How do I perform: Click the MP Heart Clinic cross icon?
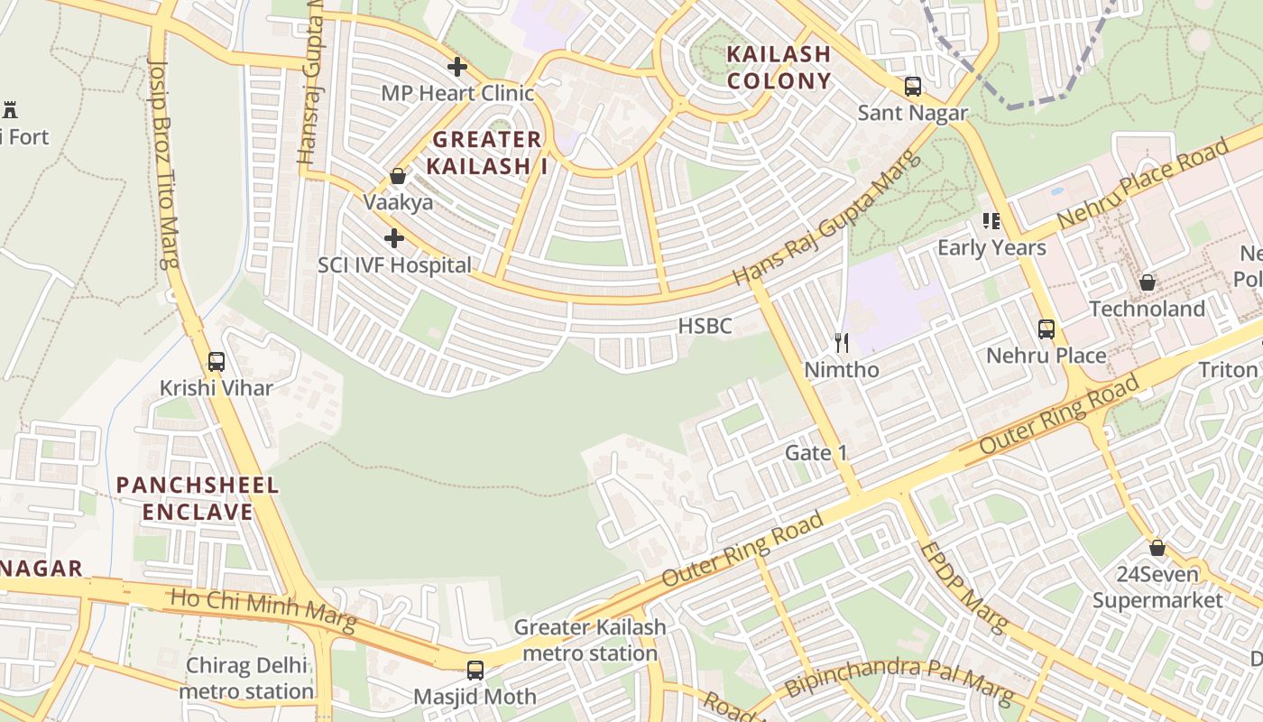[x=457, y=67]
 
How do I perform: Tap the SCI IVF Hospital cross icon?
[x=394, y=238]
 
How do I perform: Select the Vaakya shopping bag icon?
[x=398, y=176]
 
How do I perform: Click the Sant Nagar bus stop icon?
[x=913, y=87]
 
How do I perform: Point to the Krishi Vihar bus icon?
[x=217, y=362]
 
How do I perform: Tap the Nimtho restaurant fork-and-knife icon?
[x=842, y=343]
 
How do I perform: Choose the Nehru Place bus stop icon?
[x=1046, y=329]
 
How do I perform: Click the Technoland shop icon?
[x=1148, y=282]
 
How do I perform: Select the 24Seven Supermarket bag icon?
[x=1157, y=548]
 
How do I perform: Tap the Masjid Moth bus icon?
[x=475, y=671]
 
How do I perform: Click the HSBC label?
[x=705, y=327]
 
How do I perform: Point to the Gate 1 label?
[x=816, y=453]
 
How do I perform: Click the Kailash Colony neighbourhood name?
[x=779, y=68]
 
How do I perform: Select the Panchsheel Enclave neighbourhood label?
[x=198, y=499]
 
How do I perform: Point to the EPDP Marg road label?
[x=962, y=588]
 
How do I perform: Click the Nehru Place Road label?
[x=1143, y=184]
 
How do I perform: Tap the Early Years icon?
[x=992, y=221]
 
